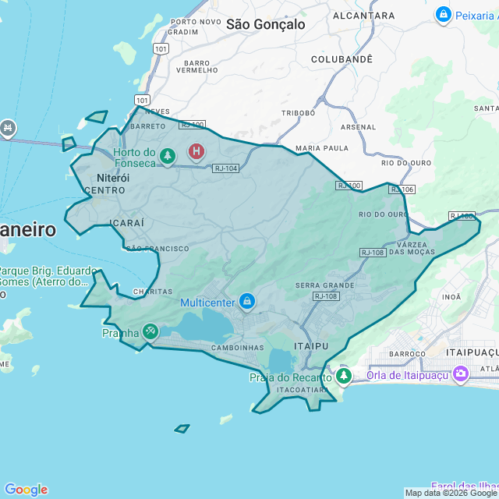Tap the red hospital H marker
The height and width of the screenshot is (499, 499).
[196, 150]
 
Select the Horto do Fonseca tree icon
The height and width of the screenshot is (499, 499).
[167, 157]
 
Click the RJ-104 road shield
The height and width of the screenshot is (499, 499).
[226, 168]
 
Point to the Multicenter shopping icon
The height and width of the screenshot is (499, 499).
[247, 300]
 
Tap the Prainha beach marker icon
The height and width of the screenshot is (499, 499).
[150, 332]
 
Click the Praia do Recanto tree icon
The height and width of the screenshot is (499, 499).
[344, 377]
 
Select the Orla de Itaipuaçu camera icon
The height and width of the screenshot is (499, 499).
[461, 374]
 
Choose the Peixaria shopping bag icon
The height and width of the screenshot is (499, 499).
[444, 14]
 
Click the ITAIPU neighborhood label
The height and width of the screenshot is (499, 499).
[312, 345]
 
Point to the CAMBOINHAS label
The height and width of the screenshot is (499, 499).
[237, 348]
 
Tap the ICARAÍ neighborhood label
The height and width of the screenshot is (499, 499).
[127, 223]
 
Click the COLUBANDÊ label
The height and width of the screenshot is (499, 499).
[342, 59]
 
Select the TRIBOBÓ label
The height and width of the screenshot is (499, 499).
[298, 113]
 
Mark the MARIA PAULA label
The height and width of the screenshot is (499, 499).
[322, 147]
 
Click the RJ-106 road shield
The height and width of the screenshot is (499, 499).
[402, 189]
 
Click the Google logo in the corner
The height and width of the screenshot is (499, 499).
[26, 489]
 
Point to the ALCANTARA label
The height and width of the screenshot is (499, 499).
[363, 15]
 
